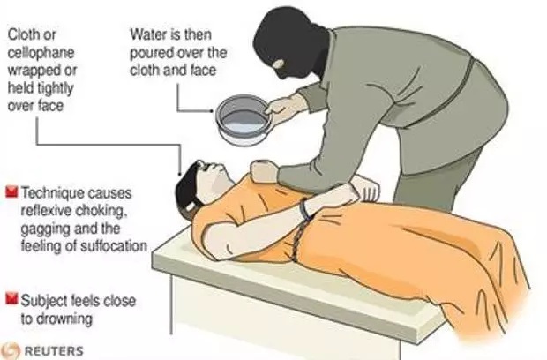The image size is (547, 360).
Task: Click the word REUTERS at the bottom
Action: click(54, 350)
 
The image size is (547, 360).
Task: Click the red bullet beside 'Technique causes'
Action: click(11, 192)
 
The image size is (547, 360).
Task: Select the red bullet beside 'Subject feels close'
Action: click(11, 299)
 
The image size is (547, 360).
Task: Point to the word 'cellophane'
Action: click(41, 53)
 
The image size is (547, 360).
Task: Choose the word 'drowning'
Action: click(64, 319)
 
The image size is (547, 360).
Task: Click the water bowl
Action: click(243, 120)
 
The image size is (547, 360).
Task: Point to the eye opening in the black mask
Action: click(279, 64)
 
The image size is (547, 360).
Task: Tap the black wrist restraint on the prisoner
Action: click(304, 210)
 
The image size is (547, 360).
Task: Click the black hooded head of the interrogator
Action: click(290, 41)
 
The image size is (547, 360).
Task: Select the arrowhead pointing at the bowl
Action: click(212, 111)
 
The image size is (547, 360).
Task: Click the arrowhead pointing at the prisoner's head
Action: click(180, 173)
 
